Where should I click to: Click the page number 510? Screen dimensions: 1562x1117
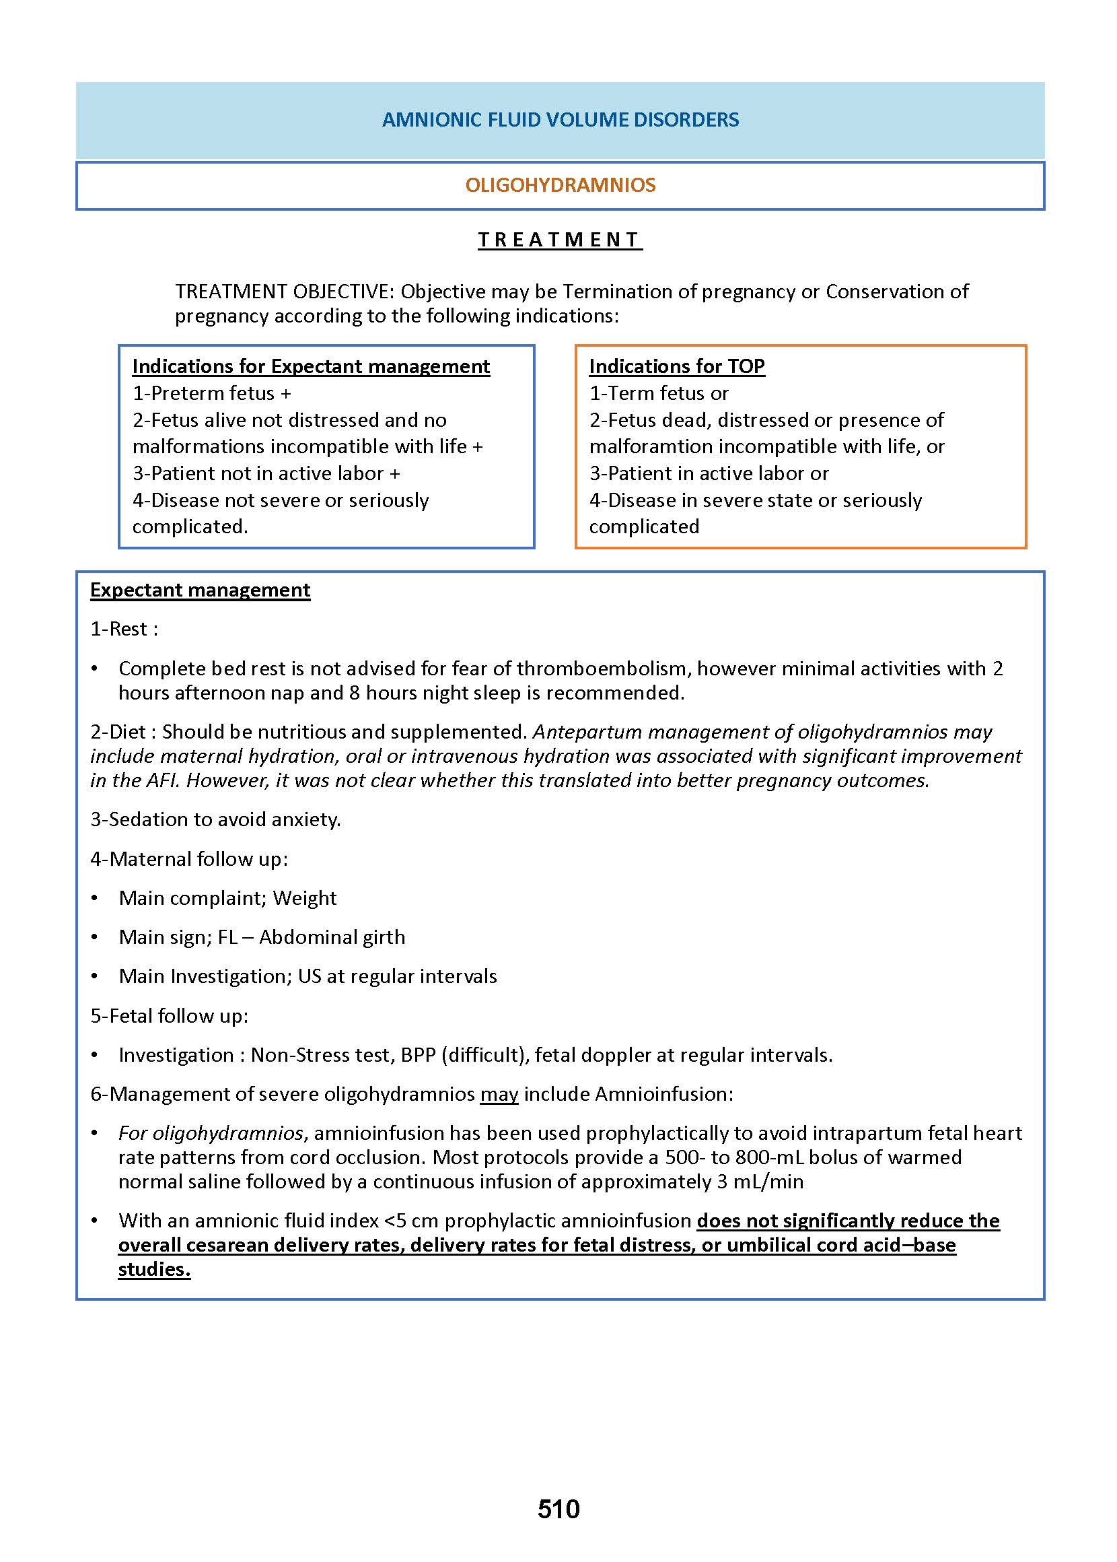click(558, 1509)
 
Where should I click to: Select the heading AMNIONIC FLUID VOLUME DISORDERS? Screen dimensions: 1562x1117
click(560, 120)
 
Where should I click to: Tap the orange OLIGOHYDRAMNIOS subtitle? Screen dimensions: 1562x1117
click(560, 185)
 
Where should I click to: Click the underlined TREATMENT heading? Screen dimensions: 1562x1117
click(560, 240)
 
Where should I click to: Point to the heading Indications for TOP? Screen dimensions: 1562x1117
click(676, 366)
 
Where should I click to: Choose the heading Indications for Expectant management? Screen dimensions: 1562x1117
click(311, 366)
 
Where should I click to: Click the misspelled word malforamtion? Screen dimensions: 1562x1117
click(644, 446)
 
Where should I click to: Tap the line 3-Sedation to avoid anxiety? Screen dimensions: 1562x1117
click(215, 819)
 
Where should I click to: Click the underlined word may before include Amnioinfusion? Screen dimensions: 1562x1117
click(499, 1093)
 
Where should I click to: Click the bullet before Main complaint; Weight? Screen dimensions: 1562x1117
click(95, 898)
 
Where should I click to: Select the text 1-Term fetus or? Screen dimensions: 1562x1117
click(658, 393)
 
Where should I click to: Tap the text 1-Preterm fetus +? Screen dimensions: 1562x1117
click(211, 393)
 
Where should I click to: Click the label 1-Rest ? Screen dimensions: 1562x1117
click(124, 628)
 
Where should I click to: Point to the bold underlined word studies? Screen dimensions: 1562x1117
click(154, 1269)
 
